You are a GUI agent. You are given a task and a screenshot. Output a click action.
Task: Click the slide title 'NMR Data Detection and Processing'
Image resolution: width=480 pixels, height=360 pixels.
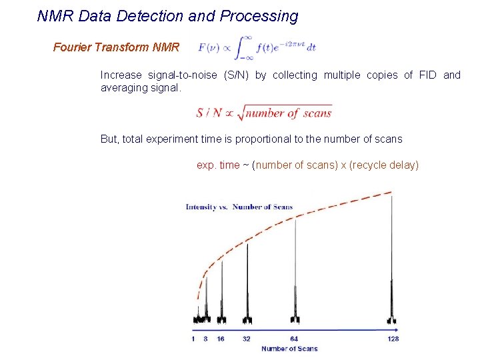coord(167,16)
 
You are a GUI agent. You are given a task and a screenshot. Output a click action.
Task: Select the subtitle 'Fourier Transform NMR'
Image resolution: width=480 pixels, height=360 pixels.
coord(116,47)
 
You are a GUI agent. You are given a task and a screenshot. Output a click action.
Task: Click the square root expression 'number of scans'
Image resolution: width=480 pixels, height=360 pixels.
coord(288,113)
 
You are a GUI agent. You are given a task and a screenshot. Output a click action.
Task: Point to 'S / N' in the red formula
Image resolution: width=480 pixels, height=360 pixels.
coord(209,113)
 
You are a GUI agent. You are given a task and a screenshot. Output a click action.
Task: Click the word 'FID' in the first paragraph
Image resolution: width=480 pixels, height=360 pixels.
coord(427,75)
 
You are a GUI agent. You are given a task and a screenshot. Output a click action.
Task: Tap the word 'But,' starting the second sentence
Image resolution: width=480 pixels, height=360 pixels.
coord(111,139)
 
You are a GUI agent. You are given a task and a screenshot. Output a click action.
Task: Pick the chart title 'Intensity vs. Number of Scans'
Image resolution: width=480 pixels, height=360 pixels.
coord(239,207)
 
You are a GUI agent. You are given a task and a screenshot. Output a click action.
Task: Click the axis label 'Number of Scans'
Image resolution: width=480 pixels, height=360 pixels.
coord(289,349)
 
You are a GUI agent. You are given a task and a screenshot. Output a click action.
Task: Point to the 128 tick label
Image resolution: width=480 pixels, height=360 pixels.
coord(393,339)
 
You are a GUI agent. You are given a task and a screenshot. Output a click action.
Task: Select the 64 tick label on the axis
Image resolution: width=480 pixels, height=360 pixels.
coord(294,339)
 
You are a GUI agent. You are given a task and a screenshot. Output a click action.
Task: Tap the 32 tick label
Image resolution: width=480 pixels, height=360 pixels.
coord(247,339)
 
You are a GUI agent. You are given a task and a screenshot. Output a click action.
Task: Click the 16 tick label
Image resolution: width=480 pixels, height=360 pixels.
coord(221,339)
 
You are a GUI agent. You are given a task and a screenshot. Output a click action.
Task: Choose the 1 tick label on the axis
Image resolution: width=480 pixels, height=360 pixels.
coord(193,339)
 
